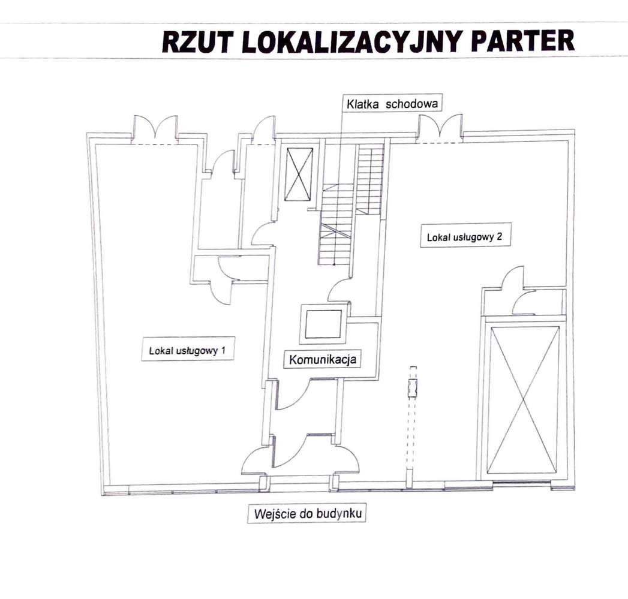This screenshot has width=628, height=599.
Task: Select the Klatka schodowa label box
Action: coord(392,103)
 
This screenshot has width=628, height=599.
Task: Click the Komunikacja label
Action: coord(323,360)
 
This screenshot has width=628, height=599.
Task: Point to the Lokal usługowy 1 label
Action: coord(187,351)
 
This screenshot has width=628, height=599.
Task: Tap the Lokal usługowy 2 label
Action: coord(464,237)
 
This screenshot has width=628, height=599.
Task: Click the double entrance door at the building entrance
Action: coord(301,459)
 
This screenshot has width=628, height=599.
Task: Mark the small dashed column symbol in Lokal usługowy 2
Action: coord(412,389)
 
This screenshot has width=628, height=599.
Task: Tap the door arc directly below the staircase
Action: coord(339,291)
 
